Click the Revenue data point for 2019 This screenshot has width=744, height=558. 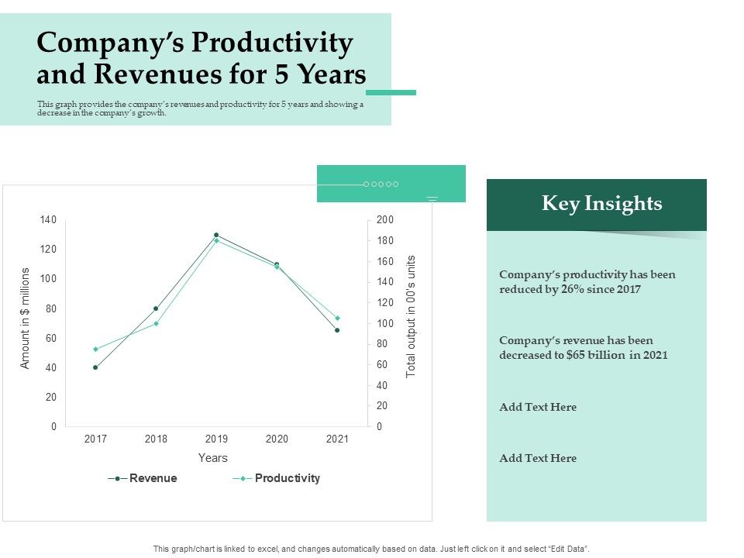pyautogui.click(x=216, y=235)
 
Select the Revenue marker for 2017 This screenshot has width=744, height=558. pyautogui.click(x=95, y=367)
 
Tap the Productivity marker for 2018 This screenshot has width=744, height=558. pyautogui.click(x=156, y=323)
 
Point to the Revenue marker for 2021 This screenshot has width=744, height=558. pyautogui.click(x=337, y=330)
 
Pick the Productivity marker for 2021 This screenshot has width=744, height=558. pyautogui.click(x=337, y=318)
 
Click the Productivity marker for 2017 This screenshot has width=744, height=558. pyautogui.click(x=95, y=349)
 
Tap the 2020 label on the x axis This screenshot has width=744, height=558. pyautogui.click(x=277, y=439)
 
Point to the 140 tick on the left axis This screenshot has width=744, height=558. pyautogui.click(x=48, y=220)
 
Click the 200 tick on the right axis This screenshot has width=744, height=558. pyautogui.click(x=385, y=220)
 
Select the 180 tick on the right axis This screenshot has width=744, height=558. pyautogui.click(x=385, y=241)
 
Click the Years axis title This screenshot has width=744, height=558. pyautogui.click(x=212, y=458)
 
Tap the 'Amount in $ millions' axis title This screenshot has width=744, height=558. pyautogui.click(x=25, y=318)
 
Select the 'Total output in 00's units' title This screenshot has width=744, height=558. pyautogui.click(x=412, y=316)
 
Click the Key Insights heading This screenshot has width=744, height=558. pyautogui.click(x=601, y=204)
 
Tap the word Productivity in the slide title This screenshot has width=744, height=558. pyautogui.click(x=272, y=43)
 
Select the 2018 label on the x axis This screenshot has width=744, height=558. pyautogui.click(x=156, y=439)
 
